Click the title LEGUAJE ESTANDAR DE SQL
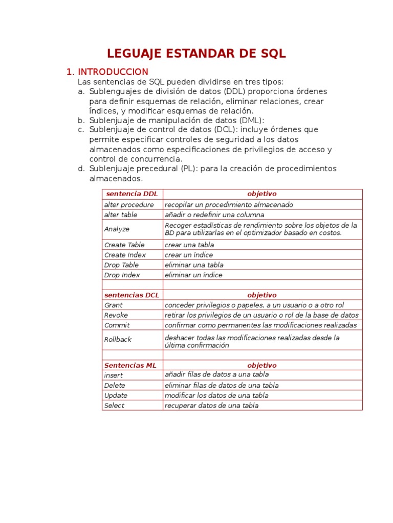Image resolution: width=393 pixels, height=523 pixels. (196, 54)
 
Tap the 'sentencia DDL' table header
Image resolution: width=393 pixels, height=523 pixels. (132, 194)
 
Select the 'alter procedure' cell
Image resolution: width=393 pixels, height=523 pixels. (128, 205)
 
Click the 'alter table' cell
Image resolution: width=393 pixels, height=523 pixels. (121, 215)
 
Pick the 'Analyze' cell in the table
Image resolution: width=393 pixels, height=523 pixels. (117, 229)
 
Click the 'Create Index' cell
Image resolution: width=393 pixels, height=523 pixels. (125, 255)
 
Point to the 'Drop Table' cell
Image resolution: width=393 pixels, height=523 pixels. (121, 265)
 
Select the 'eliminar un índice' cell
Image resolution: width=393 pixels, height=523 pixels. (193, 275)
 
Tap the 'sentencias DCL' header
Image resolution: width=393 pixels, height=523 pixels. (132, 295)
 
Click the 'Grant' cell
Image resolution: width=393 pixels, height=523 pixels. (113, 305)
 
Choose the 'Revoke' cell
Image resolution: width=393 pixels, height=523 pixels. (116, 315)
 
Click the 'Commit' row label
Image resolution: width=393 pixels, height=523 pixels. (117, 325)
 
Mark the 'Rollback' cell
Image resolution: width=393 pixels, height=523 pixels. (118, 340)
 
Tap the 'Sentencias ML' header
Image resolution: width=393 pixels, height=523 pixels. (130, 366)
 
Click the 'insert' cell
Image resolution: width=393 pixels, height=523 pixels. (113, 375)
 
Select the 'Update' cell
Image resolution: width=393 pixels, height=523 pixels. (116, 396)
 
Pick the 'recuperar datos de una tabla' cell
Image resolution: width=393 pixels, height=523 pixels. (211, 406)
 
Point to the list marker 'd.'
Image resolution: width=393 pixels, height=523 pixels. (81, 169)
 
